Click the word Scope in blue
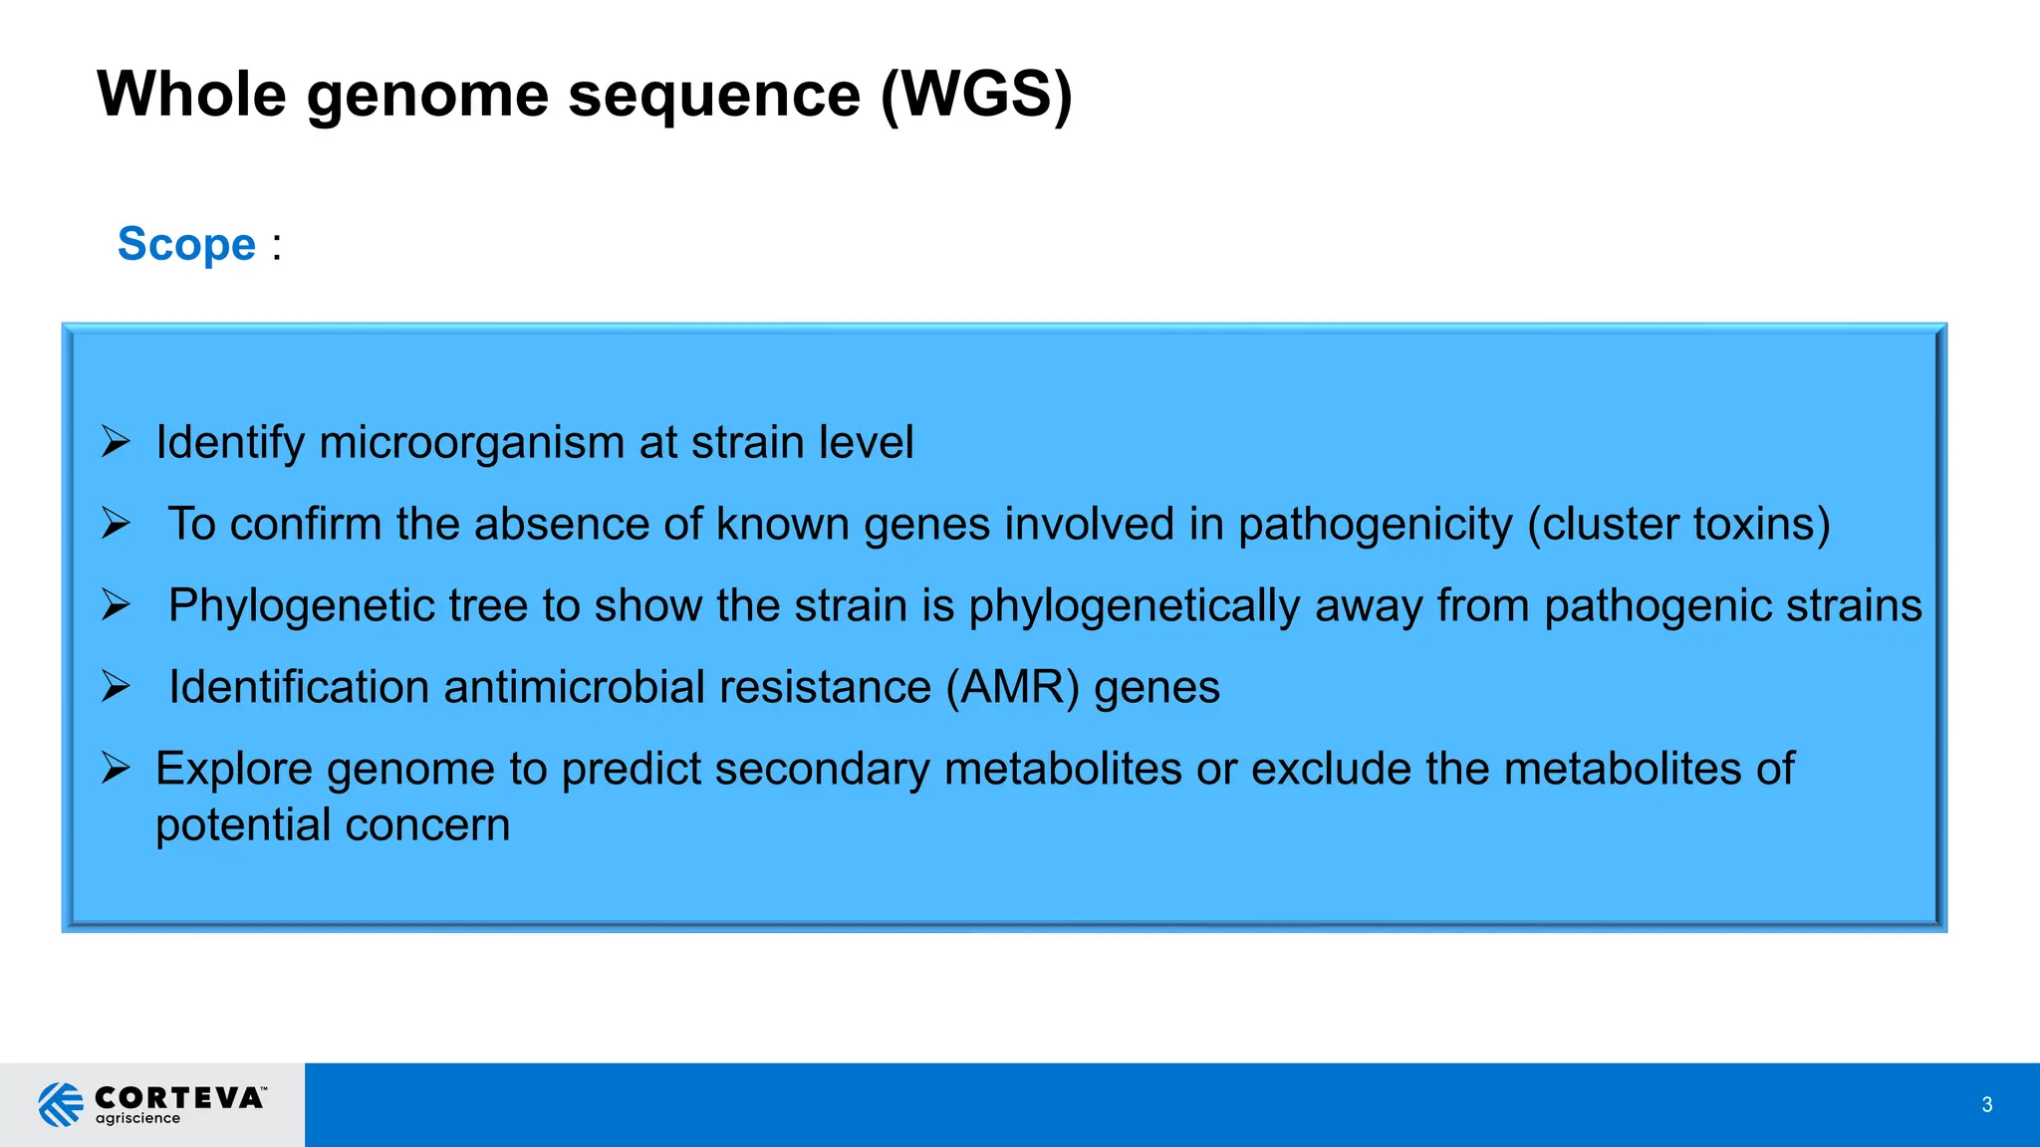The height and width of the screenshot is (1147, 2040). [186, 245]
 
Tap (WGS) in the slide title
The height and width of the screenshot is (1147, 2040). [976, 96]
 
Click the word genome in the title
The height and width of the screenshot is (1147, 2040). [427, 96]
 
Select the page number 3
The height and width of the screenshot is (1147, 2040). [1986, 1104]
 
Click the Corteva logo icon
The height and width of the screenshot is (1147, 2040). [61, 1104]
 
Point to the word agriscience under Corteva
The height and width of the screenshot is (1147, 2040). [137, 1119]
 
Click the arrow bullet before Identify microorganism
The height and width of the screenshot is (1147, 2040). [116, 441]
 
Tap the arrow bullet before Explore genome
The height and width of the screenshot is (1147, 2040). [116, 768]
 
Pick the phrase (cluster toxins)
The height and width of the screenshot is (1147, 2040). [1678, 525]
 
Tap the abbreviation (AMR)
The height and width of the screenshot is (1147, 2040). [1012, 688]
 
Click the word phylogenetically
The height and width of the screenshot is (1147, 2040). [1134, 606]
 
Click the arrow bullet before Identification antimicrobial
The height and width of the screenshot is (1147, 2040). [116, 686]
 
